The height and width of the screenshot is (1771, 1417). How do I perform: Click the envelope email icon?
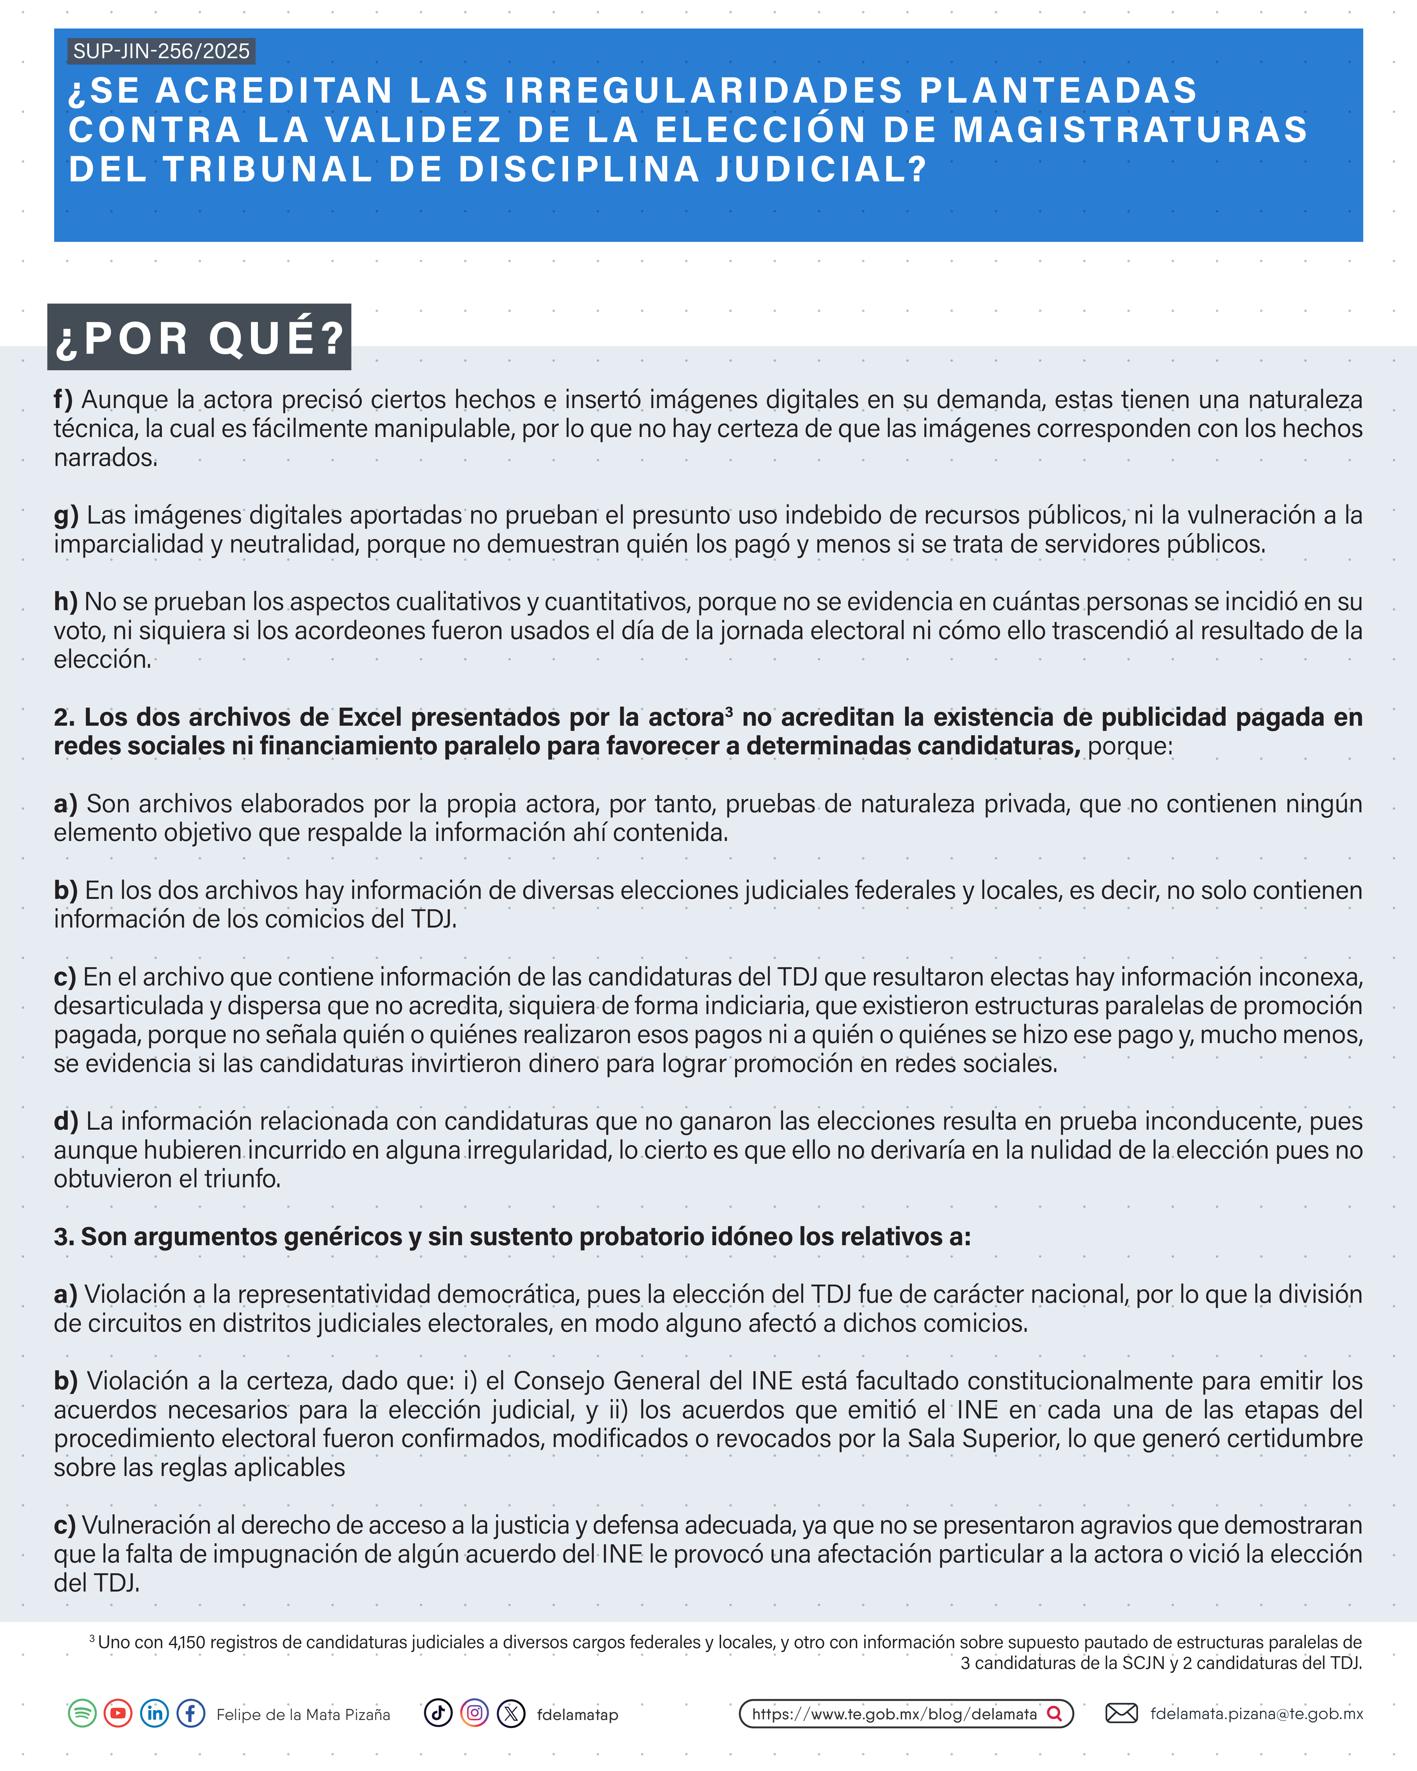tap(1121, 1713)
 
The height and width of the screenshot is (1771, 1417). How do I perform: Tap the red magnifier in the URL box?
tap(1055, 1714)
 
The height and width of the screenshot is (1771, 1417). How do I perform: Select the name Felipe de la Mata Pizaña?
tap(303, 1715)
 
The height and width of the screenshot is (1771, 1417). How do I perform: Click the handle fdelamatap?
tap(578, 1715)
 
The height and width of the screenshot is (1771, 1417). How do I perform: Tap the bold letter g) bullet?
tap(66, 516)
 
